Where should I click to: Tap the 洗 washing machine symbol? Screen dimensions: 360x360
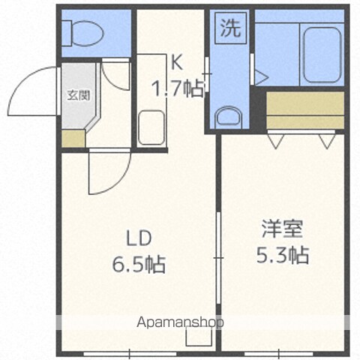pos(231,28)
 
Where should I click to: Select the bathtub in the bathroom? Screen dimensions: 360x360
pos(322,55)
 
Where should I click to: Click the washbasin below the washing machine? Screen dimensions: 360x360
pos(229,117)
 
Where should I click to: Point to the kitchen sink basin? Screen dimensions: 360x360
pos(151,127)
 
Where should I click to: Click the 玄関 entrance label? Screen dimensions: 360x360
pos(79,95)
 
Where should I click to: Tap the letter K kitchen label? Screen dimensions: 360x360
pos(176,63)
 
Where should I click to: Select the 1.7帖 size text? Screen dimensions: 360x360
pos(178,88)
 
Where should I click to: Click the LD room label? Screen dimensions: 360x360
pos(139,238)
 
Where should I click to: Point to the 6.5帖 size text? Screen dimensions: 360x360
pos(139,264)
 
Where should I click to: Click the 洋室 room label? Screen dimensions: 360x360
pos(283,229)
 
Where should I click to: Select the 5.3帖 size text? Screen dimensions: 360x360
pos(283,255)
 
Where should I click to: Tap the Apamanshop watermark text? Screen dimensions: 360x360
pos(180,322)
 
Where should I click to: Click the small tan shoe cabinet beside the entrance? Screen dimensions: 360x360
pos(73,139)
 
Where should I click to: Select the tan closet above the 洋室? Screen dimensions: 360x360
pos(305,110)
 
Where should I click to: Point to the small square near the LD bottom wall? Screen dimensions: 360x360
pos(199,336)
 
